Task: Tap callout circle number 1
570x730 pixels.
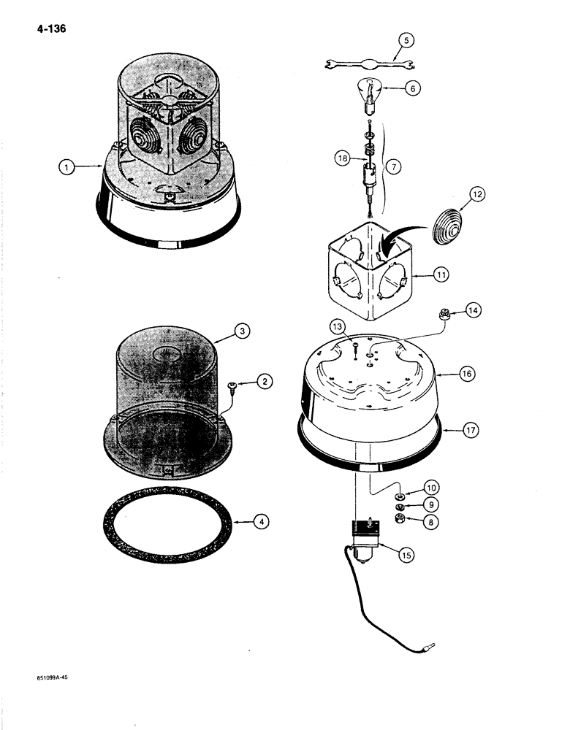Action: pyautogui.click(x=67, y=167)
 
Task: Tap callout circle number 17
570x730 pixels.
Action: pyautogui.click(x=471, y=431)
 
